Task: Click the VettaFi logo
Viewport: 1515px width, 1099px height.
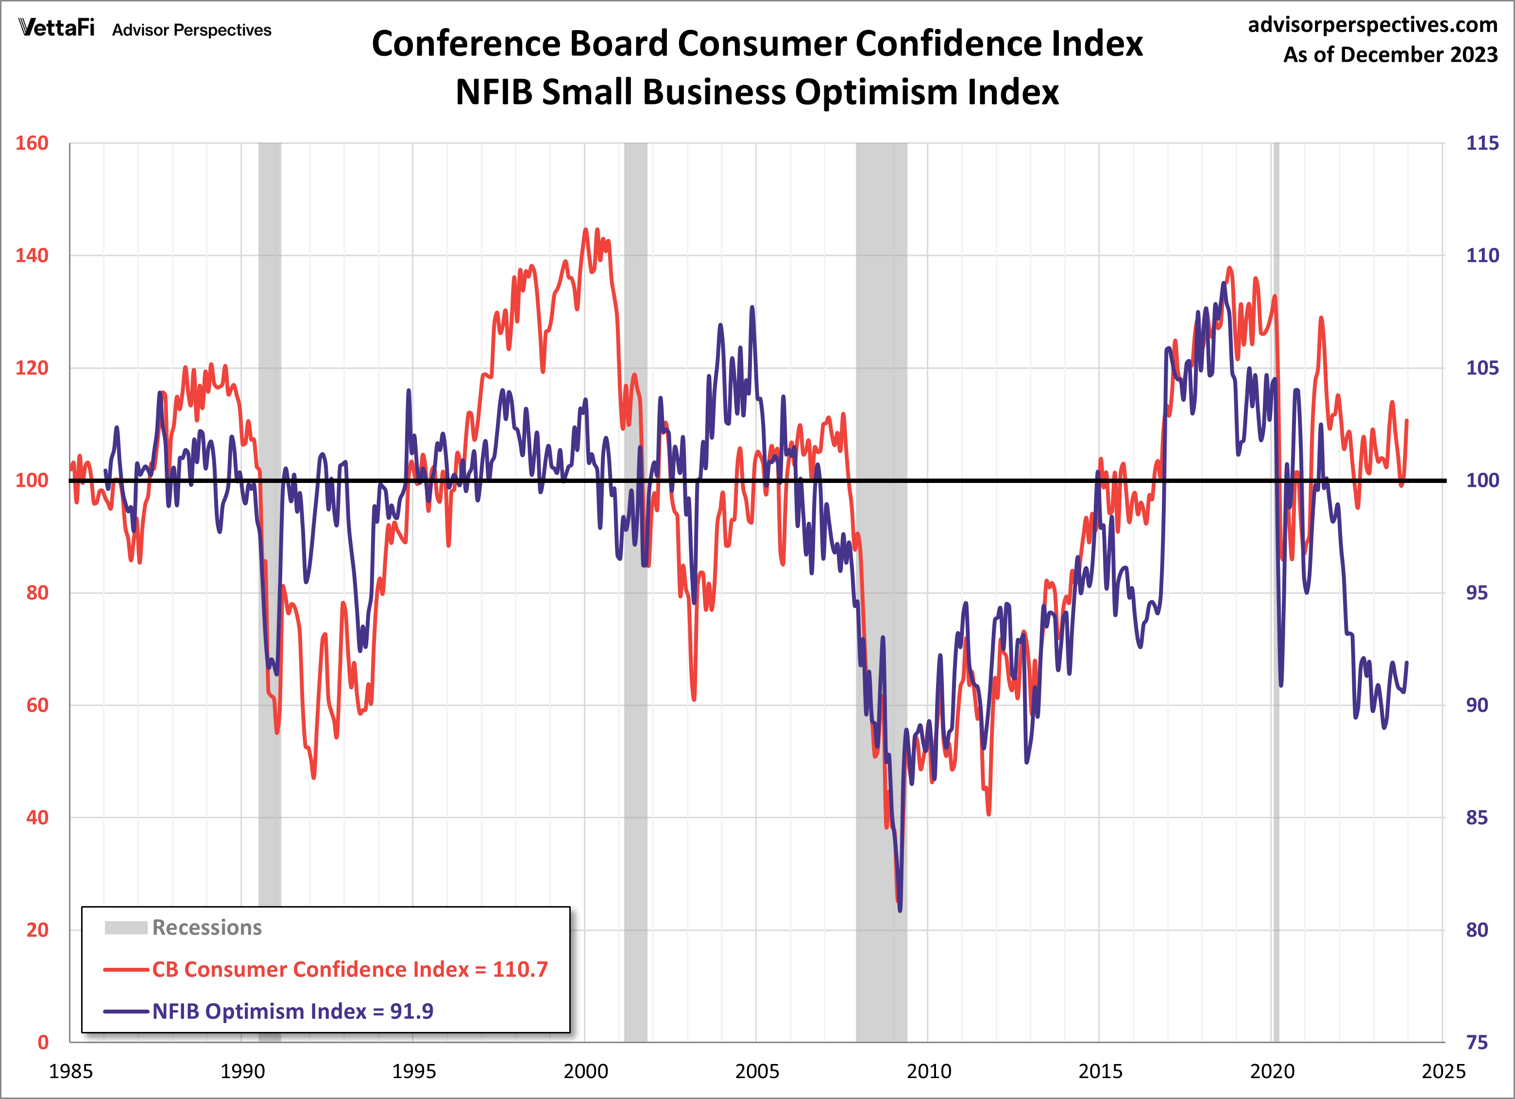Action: (57, 28)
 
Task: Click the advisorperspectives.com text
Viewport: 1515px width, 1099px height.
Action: (1372, 25)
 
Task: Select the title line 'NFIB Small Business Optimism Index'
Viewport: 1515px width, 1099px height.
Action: (757, 92)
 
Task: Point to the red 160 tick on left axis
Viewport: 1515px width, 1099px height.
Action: (32, 143)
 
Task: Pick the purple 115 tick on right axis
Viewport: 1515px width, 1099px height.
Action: (1481, 143)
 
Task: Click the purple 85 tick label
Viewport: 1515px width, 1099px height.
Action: (1476, 817)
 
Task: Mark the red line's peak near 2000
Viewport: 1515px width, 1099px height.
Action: (586, 230)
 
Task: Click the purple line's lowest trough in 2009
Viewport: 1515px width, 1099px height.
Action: (900, 910)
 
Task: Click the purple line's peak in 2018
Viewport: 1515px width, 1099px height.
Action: (1224, 283)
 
